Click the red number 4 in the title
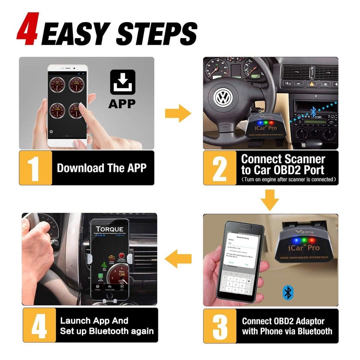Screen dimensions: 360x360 (x=27, y=30)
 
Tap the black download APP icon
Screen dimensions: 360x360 (x=121, y=82)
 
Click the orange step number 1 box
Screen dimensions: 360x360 (x=36, y=168)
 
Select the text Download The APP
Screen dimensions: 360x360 (x=102, y=168)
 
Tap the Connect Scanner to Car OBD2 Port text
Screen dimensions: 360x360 (x=283, y=165)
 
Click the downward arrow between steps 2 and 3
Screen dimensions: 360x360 (x=270, y=200)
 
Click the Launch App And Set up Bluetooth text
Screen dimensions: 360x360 (x=106, y=326)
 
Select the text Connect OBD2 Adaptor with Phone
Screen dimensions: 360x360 (x=287, y=326)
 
